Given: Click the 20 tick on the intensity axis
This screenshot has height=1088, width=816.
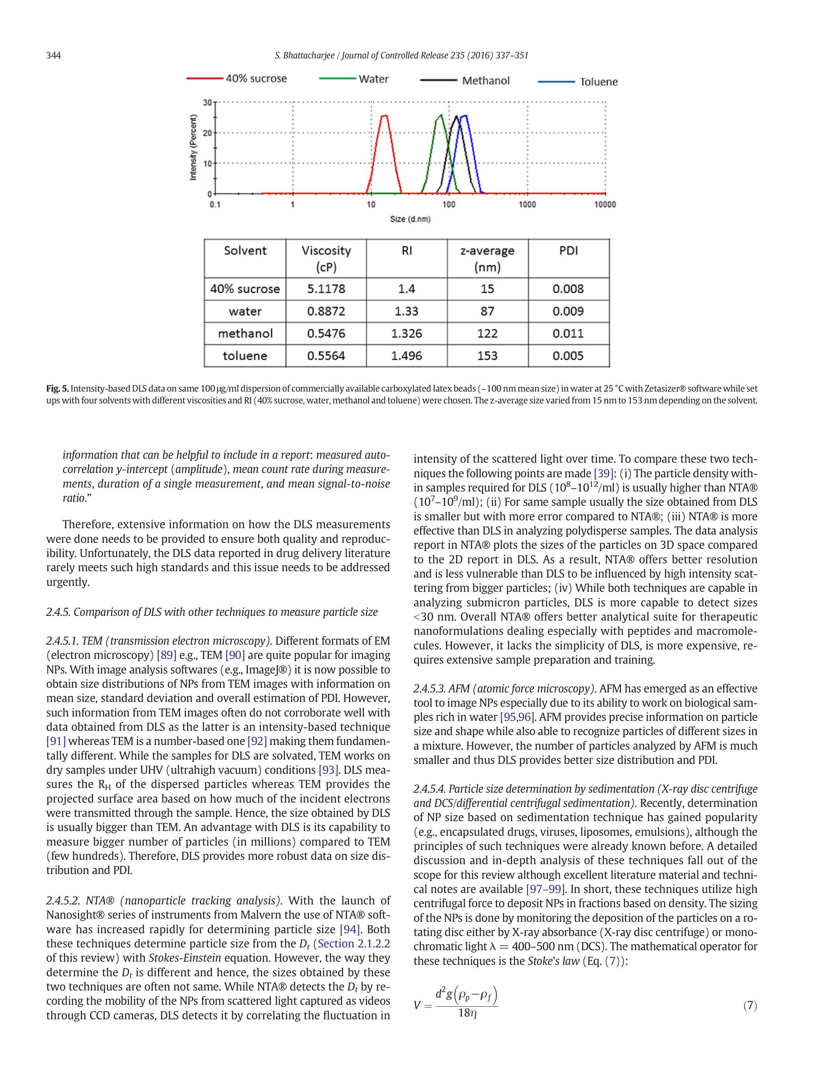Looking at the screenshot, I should click(207, 133).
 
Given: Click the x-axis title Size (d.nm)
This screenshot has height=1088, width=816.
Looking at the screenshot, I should click(410, 219).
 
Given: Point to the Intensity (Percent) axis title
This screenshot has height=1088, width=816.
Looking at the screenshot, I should click(193, 147).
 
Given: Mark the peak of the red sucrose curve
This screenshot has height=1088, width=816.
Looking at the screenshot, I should click(384, 116).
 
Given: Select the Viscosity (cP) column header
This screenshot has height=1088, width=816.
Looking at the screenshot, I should click(326, 259).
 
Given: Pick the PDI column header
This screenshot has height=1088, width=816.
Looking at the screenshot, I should click(568, 251).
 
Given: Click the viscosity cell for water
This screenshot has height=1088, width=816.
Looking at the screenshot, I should click(326, 311).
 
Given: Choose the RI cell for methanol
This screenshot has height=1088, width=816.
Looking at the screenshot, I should click(406, 334).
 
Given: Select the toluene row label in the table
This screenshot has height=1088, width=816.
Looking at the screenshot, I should click(245, 356).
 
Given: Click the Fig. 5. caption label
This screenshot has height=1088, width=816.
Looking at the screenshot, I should click(58, 388).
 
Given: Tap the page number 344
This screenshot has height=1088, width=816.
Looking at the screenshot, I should click(54, 55).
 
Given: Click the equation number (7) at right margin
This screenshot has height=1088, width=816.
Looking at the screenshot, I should click(750, 1006).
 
